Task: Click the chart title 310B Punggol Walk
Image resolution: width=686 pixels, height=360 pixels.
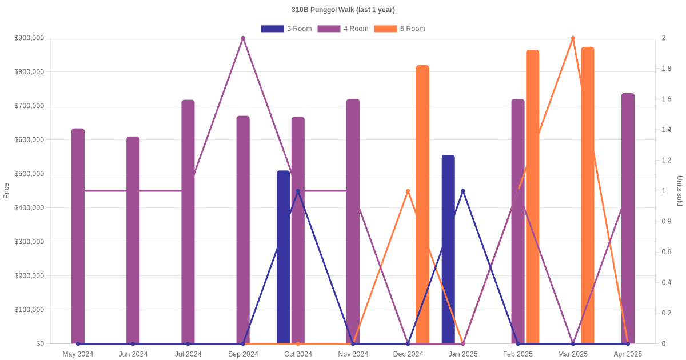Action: (343, 10)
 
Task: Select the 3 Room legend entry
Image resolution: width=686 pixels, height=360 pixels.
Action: (286, 29)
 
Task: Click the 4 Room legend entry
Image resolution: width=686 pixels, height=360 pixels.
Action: (342, 29)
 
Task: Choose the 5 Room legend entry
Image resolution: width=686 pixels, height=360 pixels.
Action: (399, 29)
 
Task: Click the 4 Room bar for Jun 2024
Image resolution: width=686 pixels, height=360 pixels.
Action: (133, 240)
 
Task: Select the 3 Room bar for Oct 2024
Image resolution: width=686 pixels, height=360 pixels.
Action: (283, 257)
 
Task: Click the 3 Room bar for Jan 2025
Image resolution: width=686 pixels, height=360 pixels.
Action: (448, 249)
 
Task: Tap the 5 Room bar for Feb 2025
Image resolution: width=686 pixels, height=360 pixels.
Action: (532, 197)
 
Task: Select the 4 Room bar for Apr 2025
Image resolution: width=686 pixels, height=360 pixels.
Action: (628, 218)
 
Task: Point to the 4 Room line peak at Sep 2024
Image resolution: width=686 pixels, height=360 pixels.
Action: (243, 38)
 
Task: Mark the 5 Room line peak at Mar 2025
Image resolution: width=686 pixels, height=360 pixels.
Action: (573, 38)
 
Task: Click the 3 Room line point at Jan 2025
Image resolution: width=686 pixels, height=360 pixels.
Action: (463, 191)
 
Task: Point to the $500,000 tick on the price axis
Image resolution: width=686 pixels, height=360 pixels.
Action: (29, 174)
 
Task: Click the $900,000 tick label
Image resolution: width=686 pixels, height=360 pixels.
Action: (29, 38)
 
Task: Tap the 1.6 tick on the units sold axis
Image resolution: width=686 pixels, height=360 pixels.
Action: (667, 99)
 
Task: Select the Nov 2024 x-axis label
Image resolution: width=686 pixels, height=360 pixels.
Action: (353, 354)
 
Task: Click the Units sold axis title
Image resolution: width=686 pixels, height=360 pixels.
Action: (679, 191)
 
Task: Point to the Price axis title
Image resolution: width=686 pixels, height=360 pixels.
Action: (6, 191)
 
